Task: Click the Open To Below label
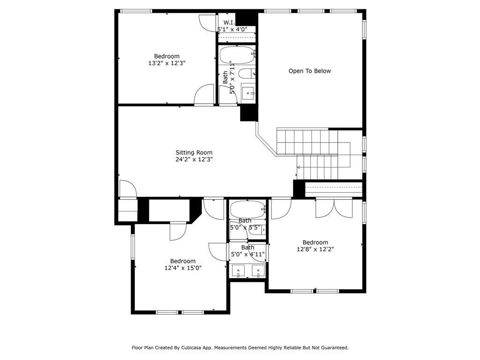309,71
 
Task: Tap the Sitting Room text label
194,152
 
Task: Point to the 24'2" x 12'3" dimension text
194,159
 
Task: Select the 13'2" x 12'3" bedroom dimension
167,63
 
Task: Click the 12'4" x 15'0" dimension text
183,268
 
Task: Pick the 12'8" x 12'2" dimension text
315,249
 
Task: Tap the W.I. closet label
229,22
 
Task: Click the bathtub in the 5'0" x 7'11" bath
238,55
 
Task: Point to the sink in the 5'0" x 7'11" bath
248,91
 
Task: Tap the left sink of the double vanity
239,270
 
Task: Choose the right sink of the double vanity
258,270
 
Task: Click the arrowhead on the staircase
299,167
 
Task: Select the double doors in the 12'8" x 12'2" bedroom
334,208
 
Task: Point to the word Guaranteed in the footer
333,348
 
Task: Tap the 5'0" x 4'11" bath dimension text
248,255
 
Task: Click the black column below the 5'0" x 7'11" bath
248,113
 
